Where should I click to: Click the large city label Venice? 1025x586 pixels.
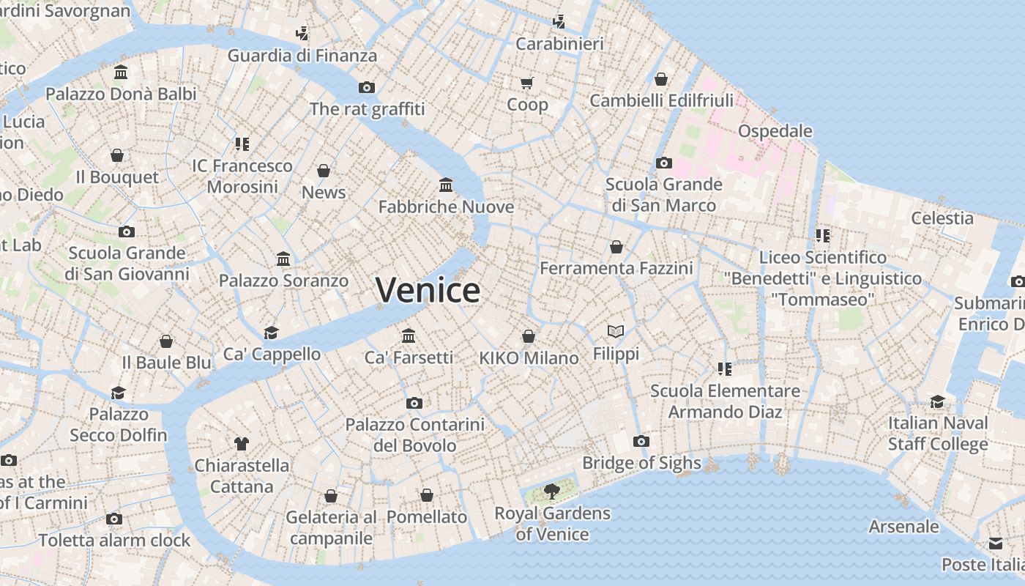pyautogui.click(x=428, y=290)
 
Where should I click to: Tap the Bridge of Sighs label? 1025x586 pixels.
pyautogui.click(x=641, y=463)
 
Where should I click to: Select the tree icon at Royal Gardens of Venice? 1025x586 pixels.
pyautogui.click(x=552, y=492)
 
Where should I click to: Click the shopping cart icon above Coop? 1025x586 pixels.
pyautogui.click(x=527, y=83)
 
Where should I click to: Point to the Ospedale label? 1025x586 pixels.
pyautogui.click(x=775, y=131)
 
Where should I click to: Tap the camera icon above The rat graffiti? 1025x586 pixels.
pyautogui.click(x=367, y=87)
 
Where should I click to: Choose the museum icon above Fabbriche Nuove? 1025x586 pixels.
pyautogui.click(x=446, y=185)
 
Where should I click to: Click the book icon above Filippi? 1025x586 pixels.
pyautogui.click(x=616, y=332)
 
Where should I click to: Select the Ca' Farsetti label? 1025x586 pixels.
pyautogui.click(x=409, y=357)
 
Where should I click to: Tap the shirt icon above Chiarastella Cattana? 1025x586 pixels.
pyautogui.click(x=242, y=443)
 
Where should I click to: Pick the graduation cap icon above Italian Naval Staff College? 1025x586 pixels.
pyautogui.click(x=938, y=401)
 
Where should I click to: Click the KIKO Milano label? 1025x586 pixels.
pyautogui.click(x=529, y=358)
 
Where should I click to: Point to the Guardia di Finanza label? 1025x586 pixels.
pyautogui.click(x=302, y=56)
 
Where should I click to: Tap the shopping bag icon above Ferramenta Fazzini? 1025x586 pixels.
pyautogui.click(x=616, y=247)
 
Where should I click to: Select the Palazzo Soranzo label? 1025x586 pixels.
pyautogui.click(x=283, y=281)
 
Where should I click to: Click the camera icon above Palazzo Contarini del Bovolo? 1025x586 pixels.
pyautogui.click(x=414, y=403)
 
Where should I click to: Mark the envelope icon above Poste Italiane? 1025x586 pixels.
pyautogui.click(x=996, y=544)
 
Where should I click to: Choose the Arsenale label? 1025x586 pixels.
pyautogui.click(x=903, y=526)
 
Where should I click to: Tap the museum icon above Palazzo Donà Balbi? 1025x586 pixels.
pyautogui.click(x=121, y=73)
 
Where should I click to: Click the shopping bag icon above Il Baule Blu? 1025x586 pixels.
pyautogui.click(x=166, y=341)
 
